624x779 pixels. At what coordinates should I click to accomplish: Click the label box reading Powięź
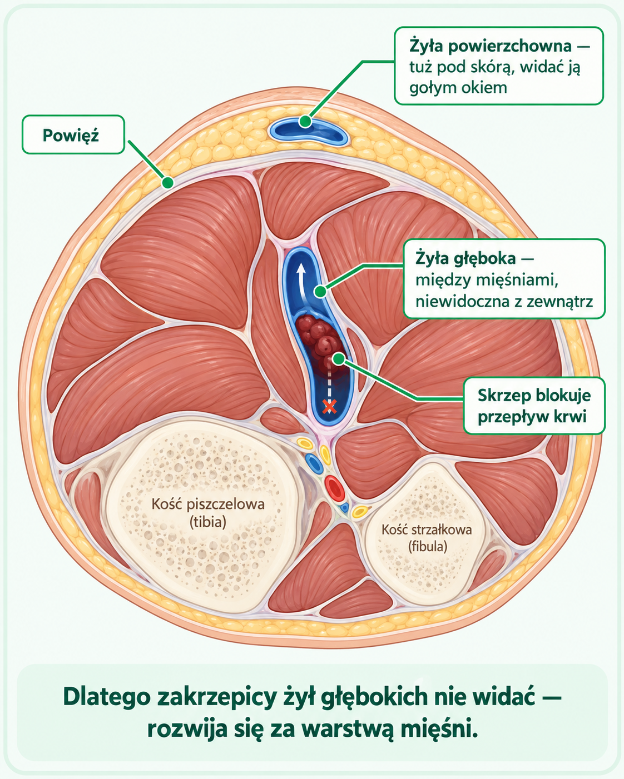tap(73, 134)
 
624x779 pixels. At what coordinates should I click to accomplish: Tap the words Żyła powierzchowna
tap(491, 46)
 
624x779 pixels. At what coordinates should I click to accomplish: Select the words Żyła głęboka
tap(465, 258)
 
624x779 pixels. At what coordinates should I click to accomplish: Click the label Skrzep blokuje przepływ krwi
tap(534, 406)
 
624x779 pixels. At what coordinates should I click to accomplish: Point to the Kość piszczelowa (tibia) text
tap(208, 513)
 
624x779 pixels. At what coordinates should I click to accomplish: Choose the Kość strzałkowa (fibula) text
tap(427, 538)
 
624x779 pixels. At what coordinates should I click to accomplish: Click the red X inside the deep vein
tap(329, 407)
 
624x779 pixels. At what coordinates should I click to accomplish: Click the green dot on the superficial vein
tap(305, 121)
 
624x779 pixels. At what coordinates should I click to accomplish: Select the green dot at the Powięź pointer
tap(167, 182)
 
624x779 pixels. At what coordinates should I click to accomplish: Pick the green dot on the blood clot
tap(339, 359)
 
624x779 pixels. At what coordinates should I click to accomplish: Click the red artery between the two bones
tap(334, 488)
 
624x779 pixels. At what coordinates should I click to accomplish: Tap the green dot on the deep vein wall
tap(320, 291)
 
